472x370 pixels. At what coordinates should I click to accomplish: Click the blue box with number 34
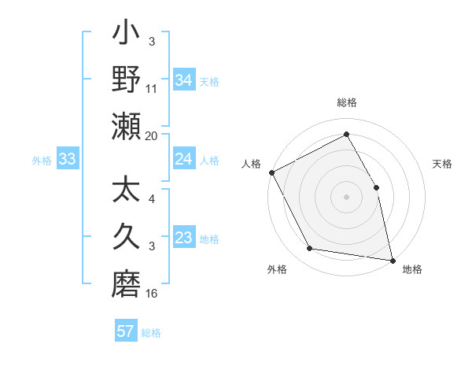click(183, 80)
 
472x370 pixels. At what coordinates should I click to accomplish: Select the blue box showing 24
click(183, 160)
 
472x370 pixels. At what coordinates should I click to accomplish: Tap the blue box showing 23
click(183, 239)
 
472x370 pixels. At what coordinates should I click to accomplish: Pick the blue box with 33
click(67, 160)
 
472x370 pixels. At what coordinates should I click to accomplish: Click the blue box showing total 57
click(126, 331)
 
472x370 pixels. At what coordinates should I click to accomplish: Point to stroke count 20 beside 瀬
click(152, 135)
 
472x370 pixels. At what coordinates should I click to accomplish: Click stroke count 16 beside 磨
click(152, 294)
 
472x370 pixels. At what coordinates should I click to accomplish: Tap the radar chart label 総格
click(346, 102)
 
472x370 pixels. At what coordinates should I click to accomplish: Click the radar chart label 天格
click(442, 164)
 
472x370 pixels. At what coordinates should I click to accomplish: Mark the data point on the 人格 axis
click(271, 172)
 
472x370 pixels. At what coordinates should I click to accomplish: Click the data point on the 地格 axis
click(392, 260)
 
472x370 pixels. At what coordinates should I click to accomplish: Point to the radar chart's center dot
click(346, 196)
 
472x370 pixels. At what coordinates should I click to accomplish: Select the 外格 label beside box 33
click(41, 160)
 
